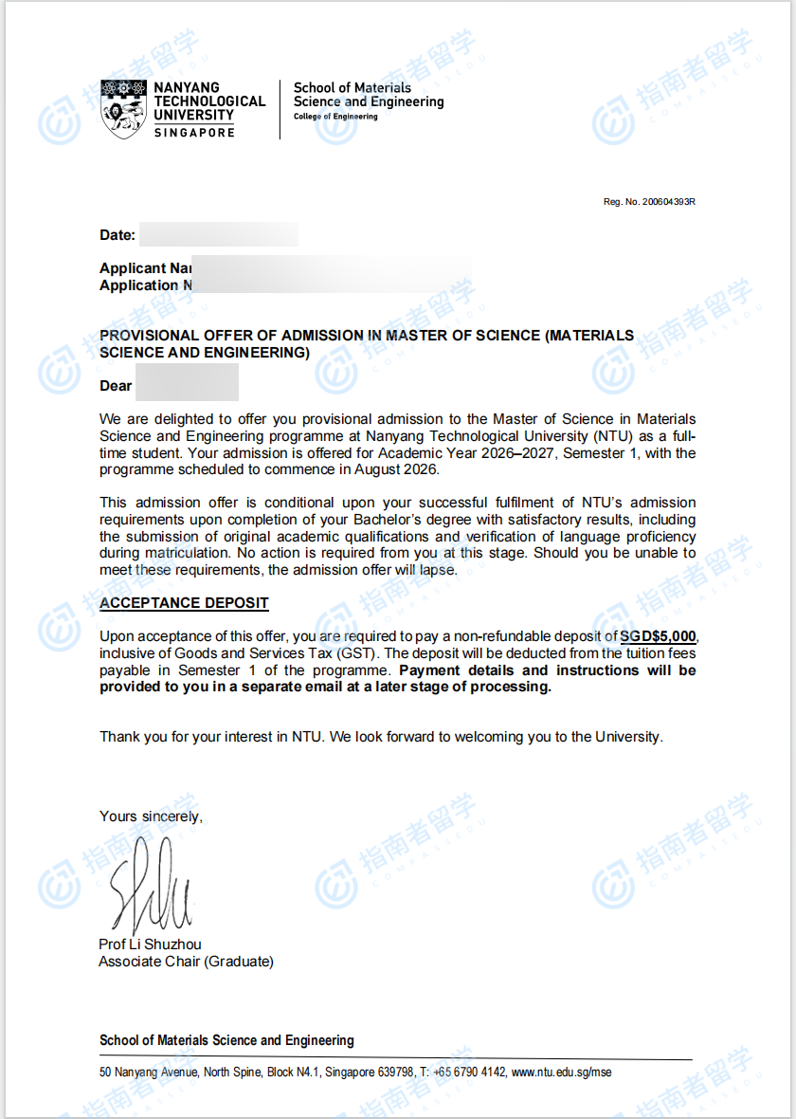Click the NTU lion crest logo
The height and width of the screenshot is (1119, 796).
(x=124, y=109)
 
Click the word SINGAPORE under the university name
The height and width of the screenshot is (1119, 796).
(x=193, y=133)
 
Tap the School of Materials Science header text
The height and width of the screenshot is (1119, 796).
(x=368, y=95)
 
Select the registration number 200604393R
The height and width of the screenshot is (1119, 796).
(x=668, y=202)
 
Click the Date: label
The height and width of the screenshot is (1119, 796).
(x=118, y=235)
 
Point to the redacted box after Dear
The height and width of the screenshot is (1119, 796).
(x=187, y=386)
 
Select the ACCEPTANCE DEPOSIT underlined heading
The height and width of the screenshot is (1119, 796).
(x=184, y=603)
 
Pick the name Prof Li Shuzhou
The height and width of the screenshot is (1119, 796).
(x=150, y=944)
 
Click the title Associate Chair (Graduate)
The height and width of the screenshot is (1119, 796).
(x=186, y=962)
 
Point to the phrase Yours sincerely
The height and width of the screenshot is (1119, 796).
(x=151, y=816)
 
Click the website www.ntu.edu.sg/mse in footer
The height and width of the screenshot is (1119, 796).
(x=562, y=1073)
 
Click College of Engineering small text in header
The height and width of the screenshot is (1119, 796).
(x=335, y=117)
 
